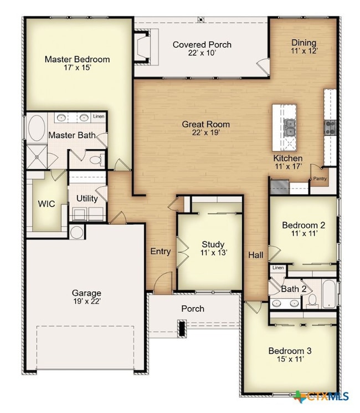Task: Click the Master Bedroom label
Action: click(x=77, y=59)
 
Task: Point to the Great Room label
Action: click(x=205, y=124)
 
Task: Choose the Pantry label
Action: click(x=320, y=179)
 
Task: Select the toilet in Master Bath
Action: click(x=96, y=160)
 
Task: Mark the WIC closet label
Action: click(x=46, y=203)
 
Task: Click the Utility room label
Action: click(x=87, y=198)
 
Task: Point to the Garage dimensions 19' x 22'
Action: click(x=86, y=302)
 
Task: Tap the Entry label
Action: click(x=161, y=252)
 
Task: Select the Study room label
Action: click(x=213, y=244)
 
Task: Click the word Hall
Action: click(x=255, y=255)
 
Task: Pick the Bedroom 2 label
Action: click(x=303, y=225)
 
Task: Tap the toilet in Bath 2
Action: click(x=312, y=300)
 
